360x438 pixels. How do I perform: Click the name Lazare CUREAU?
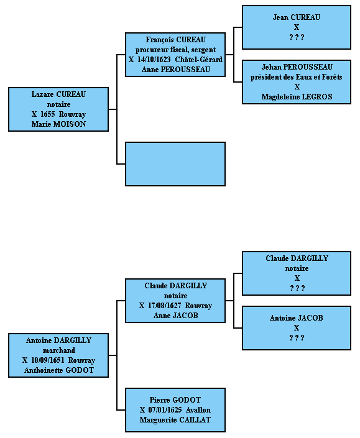[58, 94]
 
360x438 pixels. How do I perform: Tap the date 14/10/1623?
[154, 60]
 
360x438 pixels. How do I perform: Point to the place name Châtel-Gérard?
[199, 60]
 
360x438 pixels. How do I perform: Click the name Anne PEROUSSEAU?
[176, 70]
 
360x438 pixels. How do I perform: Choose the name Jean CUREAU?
[297, 17]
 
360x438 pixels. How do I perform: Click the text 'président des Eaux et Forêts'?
[297, 77]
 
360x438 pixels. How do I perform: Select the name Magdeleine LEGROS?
[297, 97]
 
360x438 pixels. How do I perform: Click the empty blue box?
[175, 164]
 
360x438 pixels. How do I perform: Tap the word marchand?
[58, 350]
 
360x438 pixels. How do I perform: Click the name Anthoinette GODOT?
[59, 370]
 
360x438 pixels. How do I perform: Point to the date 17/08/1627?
[164, 306]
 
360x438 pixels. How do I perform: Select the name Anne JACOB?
[176, 316]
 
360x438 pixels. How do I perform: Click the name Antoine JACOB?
[297, 318]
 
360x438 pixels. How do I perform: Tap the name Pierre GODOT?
[175, 400]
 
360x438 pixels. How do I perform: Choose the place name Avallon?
[198, 410]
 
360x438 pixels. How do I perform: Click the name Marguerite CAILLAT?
[175, 420]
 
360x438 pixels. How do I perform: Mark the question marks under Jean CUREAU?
[297, 37]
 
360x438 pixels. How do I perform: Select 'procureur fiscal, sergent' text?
[176, 50]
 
